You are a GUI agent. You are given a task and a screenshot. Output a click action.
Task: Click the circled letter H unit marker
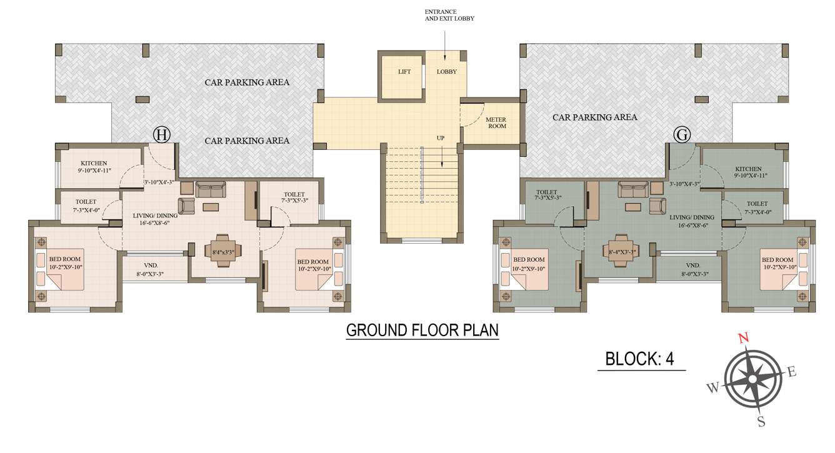162,134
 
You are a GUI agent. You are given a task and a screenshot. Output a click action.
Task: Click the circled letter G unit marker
682,134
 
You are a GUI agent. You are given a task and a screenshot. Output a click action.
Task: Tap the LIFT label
404,72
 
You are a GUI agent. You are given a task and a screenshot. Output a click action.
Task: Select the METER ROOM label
496,123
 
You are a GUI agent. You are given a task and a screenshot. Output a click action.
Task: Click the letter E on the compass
791,372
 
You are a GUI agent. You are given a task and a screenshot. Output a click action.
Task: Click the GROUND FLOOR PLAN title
422,330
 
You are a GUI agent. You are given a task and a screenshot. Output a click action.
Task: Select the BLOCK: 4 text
640,359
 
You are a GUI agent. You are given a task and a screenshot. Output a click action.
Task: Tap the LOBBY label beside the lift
446,72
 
